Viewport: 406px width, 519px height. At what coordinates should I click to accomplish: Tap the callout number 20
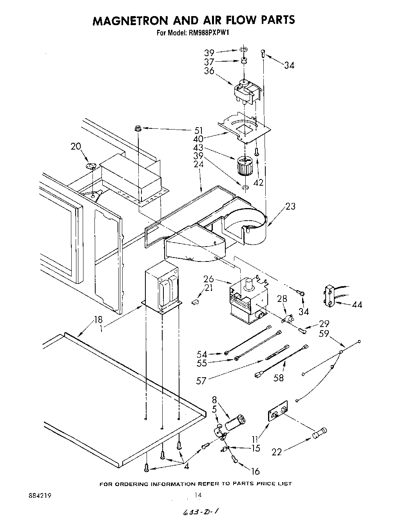tap(76, 146)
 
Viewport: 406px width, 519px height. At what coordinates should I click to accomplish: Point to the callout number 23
tap(290, 206)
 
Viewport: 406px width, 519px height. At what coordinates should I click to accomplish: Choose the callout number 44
tap(357, 304)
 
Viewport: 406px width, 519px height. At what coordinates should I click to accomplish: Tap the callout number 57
tap(201, 380)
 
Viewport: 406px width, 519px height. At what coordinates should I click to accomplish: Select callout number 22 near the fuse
tap(277, 452)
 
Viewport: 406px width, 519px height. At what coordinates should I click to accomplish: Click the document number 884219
tap(40, 495)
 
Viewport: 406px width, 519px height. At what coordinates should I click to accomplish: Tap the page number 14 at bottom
tap(198, 495)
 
